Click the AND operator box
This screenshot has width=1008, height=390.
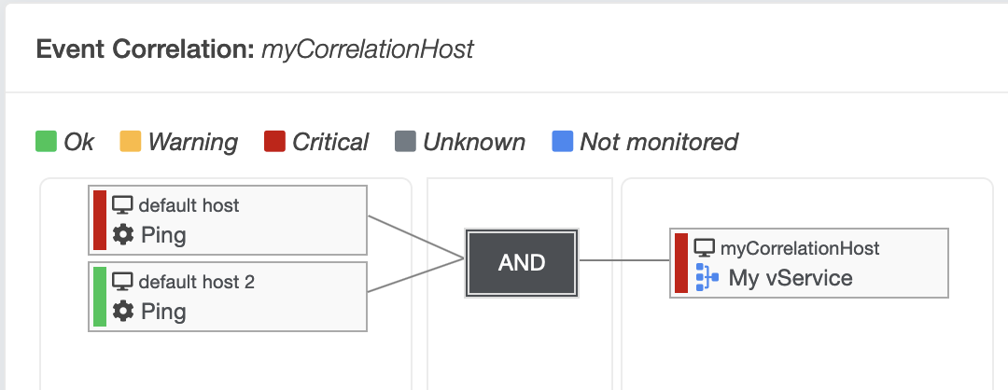point(522,263)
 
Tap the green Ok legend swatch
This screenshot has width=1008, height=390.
point(47,141)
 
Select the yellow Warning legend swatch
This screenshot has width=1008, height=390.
point(131,141)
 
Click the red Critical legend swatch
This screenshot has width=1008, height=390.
point(274,141)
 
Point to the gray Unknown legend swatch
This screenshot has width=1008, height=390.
point(405,141)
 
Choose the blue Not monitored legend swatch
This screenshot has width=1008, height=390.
point(563,141)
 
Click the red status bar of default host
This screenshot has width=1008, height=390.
point(100,220)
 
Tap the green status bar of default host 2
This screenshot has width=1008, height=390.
point(100,296)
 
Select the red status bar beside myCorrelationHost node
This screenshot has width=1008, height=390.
point(681,263)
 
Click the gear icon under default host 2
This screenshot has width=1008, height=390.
point(123,312)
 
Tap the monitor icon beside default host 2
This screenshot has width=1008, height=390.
point(122,282)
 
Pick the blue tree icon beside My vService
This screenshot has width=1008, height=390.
point(707,277)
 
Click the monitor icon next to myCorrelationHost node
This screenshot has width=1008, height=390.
point(705,247)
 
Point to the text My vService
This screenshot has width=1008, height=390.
point(791,278)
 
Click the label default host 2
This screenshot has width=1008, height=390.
point(197,282)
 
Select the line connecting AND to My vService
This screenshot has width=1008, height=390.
point(624,260)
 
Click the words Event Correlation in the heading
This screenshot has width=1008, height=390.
point(146,49)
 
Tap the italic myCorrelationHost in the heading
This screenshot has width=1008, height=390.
point(368,49)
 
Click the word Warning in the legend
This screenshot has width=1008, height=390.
point(193,142)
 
